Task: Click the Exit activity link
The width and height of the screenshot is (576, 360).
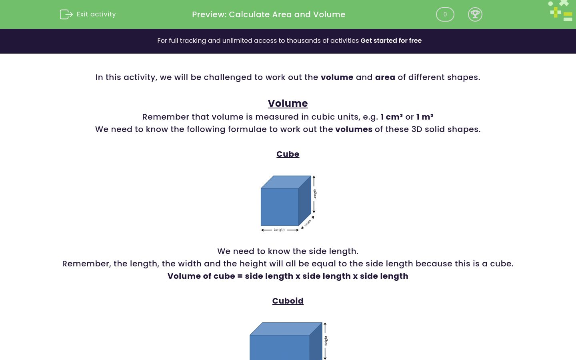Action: pyautogui.click(x=96, y=14)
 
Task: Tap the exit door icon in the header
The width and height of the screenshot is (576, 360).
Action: pyautogui.click(x=66, y=14)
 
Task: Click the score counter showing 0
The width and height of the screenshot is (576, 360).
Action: pyautogui.click(x=445, y=14)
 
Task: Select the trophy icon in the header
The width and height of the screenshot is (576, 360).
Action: pyautogui.click(x=475, y=14)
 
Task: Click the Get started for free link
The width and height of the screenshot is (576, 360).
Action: pyautogui.click(x=391, y=41)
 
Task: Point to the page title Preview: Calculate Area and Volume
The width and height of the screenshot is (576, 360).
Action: pyautogui.click(x=268, y=14)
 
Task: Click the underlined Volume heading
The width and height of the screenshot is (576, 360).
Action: pyautogui.click(x=288, y=103)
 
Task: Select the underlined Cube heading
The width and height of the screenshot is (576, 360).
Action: pyautogui.click(x=288, y=154)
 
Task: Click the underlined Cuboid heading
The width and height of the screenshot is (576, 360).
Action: pyautogui.click(x=288, y=301)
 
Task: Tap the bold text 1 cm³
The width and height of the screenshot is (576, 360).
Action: pyautogui.click(x=391, y=117)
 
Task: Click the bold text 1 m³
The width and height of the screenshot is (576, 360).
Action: pyautogui.click(x=424, y=117)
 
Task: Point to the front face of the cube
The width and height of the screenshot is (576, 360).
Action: pyautogui.click(x=280, y=207)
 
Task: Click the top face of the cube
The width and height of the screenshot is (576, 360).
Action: pyautogui.click(x=286, y=182)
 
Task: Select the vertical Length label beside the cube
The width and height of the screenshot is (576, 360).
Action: pyautogui.click(x=315, y=194)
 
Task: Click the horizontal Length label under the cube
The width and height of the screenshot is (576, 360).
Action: pyautogui.click(x=279, y=230)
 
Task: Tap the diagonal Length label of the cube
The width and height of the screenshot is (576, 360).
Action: pyautogui.click(x=308, y=223)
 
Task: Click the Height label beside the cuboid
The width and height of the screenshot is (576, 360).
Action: pyautogui.click(x=326, y=341)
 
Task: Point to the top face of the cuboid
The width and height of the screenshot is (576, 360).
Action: pyautogui.click(x=286, y=329)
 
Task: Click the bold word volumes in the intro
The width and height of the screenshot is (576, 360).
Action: pyautogui.click(x=354, y=129)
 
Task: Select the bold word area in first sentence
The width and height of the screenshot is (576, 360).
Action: pyautogui.click(x=385, y=77)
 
